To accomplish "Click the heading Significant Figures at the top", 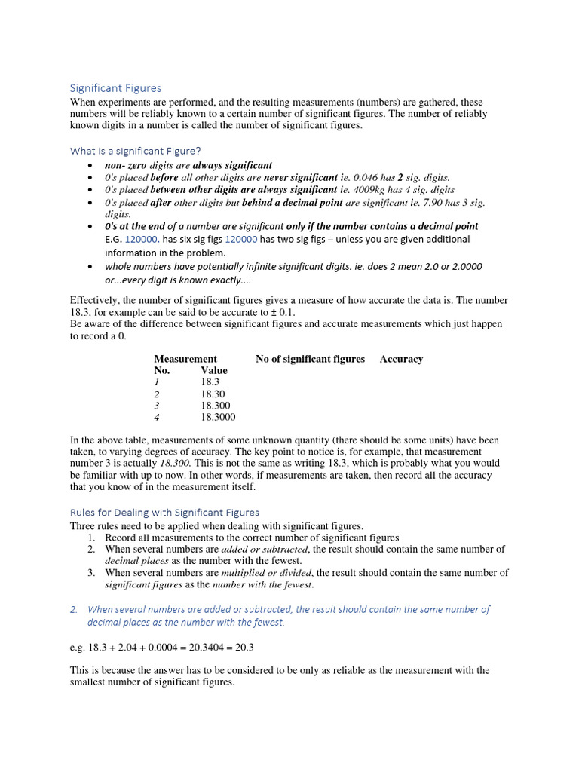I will pyautogui.click(x=115, y=88).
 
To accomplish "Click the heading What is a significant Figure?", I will pyautogui.click(x=135, y=150).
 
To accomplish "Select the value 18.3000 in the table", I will pyautogui.click(x=218, y=417).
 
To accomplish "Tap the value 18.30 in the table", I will pyautogui.click(x=213, y=394).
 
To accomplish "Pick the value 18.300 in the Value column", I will pyautogui.click(x=215, y=406).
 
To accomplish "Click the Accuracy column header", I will pyautogui.click(x=401, y=359).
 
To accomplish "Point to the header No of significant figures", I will pyautogui.click(x=310, y=359).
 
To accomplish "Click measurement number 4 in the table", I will pyautogui.click(x=157, y=417).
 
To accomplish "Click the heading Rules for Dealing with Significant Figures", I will pyautogui.click(x=164, y=512).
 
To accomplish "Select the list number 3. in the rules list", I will pyautogui.click(x=90, y=573).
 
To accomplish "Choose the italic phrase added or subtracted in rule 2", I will pyautogui.click(x=265, y=550).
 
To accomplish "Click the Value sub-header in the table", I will pyautogui.click(x=214, y=370).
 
